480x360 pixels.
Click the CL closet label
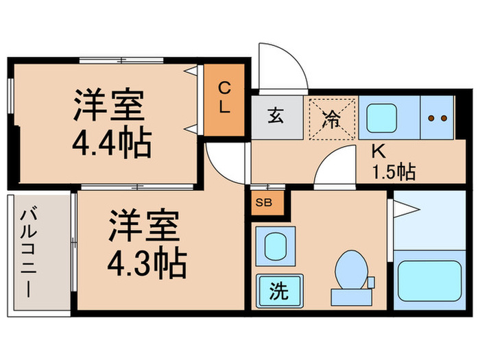[x=224, y=97]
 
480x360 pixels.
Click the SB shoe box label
[x=263, y=202]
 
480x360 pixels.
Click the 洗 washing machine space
[x=278, y=291]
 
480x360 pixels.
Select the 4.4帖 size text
[x=111, y=145]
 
